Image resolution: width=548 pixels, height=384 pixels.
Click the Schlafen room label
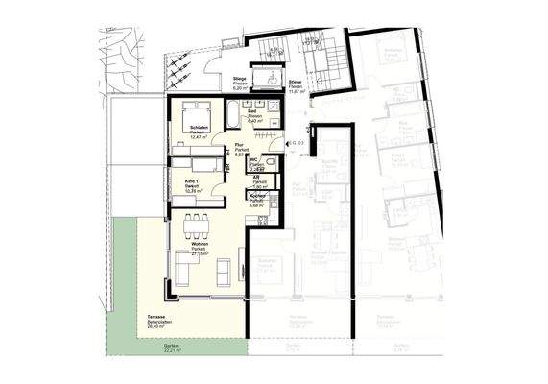[199, 131]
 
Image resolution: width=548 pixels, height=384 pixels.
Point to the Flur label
[243, 149]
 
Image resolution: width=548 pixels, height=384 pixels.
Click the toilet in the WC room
[272, 163]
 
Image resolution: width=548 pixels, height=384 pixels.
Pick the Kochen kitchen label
[255, 199]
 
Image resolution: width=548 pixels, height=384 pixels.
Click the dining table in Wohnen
[199, 224]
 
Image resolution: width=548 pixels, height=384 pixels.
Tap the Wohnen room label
[199, 248]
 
